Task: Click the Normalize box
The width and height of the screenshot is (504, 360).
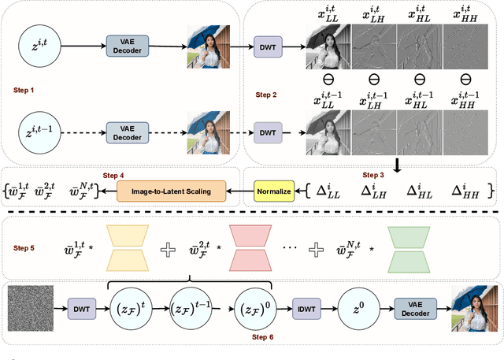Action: (273, 190)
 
